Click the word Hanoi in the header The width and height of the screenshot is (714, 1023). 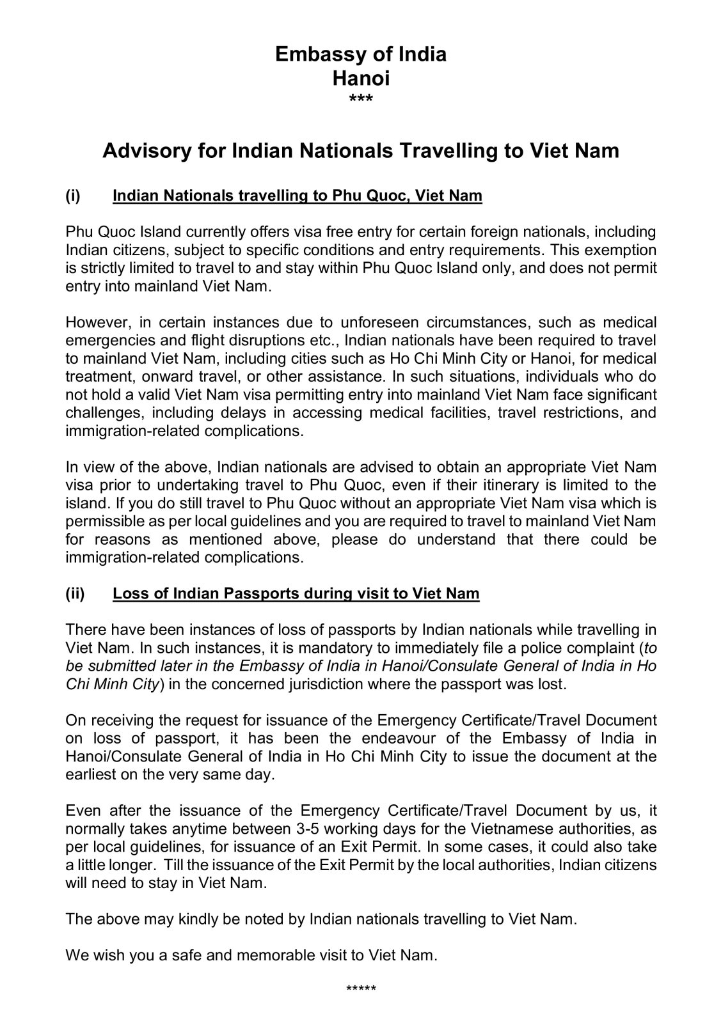pos(361,79)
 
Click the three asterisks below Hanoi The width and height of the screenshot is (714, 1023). pos(361,100)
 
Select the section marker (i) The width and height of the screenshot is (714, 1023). pos(72,195)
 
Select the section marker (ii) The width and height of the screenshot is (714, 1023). pos(75,593)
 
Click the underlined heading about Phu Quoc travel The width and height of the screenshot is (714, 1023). pos(297,195)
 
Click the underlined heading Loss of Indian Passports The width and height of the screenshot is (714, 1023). pos(296,593)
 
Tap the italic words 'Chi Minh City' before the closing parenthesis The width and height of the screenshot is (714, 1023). pos(111,684)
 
